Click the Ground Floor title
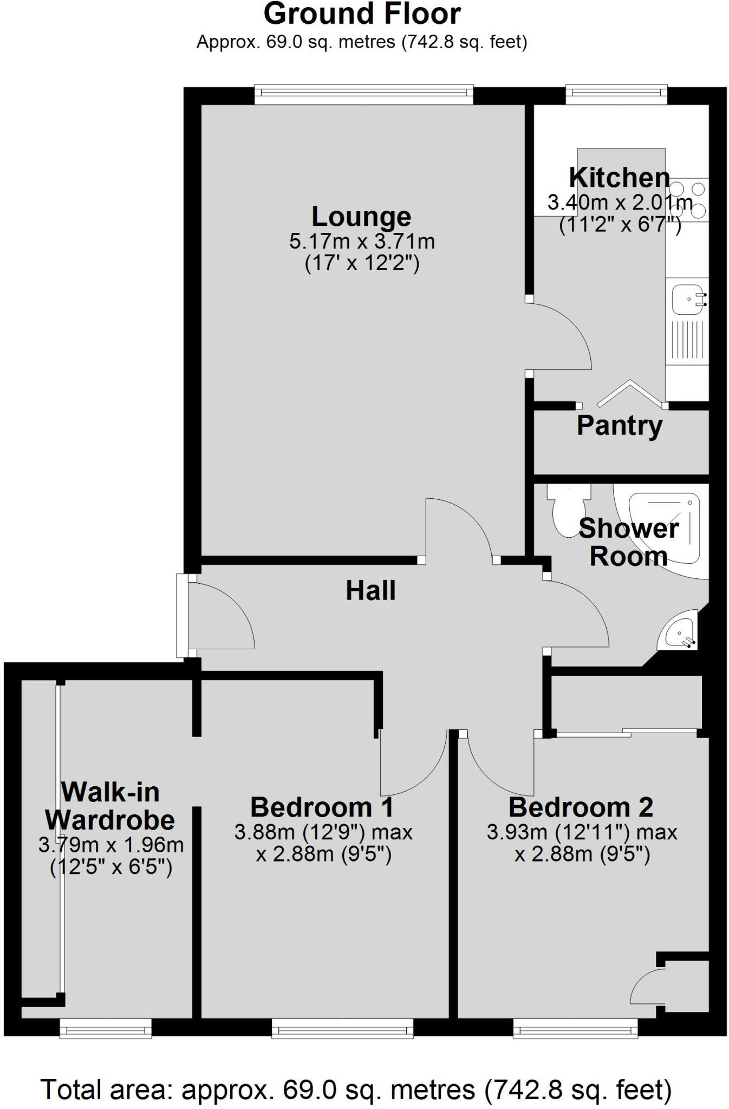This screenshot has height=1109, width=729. pyautogui.click(x=362, y=15)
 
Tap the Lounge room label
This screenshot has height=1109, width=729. pyautogui.click(x=361, y=217)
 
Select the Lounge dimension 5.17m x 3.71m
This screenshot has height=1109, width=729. pyautogui.click(x=362, y=242)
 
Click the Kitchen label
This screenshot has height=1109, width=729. pyautogui.click(x=619, y=178)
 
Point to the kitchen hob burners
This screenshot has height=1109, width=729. pyautogui.click(x=688, y=199)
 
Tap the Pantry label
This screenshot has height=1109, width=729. pyautogui.click(x=620, y=426)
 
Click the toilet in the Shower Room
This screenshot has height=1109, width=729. pyautogui.click(x=567, y=509)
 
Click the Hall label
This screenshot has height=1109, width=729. pyautogui.click(x=370, y=591)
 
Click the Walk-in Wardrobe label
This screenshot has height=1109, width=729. pyautogui.click(x=110, y=807)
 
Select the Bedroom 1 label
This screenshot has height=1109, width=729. pyautogui.click(x=322, y=807)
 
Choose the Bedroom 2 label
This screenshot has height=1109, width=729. pyautogui.click(x=581, y=807)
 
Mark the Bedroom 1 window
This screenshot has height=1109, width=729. pyautogui.click(x=342, y=1027)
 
